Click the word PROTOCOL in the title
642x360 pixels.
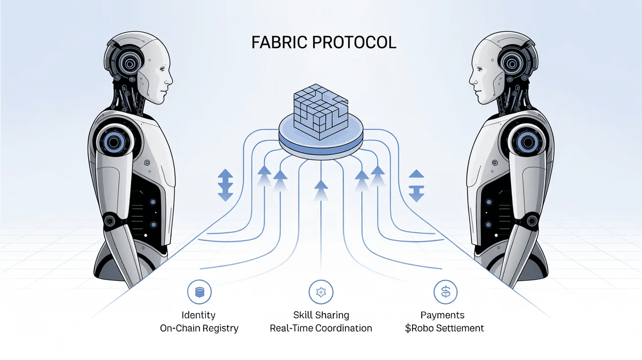[x=354, y=42]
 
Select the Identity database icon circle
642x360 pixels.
[x=199, y=292]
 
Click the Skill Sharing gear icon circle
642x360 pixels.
[x=321, y=292]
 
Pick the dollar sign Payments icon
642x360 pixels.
[x=445, y=292]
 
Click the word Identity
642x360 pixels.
[x=198, y=315]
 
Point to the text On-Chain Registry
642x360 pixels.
[x=199, y=328]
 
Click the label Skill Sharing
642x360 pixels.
[x=321, y=315]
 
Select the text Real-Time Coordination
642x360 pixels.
[x=321, y=328]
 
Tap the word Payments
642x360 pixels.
[x=442, y=315]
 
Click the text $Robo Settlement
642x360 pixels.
[x=444, y=328]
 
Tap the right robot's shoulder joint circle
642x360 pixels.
[x=527, y=142]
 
